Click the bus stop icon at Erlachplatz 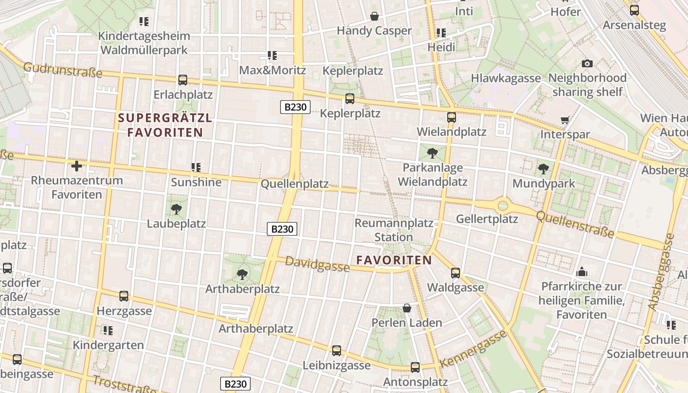183,80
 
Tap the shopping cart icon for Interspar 565,120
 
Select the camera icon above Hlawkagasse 587,63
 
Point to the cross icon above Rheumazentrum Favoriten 77,166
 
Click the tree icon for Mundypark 543,169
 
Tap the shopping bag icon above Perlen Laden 407,308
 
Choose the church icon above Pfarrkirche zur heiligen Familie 582,272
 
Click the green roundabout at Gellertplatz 502,205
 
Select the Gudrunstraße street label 62,70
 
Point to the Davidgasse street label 317,264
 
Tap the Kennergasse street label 473,349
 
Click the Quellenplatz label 294,184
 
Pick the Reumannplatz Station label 394,230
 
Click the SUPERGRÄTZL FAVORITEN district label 165,125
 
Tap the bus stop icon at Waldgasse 456,273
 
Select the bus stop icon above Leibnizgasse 337,351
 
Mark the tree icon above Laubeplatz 176,210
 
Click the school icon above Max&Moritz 272,56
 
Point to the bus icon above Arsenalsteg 634,10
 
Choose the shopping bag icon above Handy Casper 374,16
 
